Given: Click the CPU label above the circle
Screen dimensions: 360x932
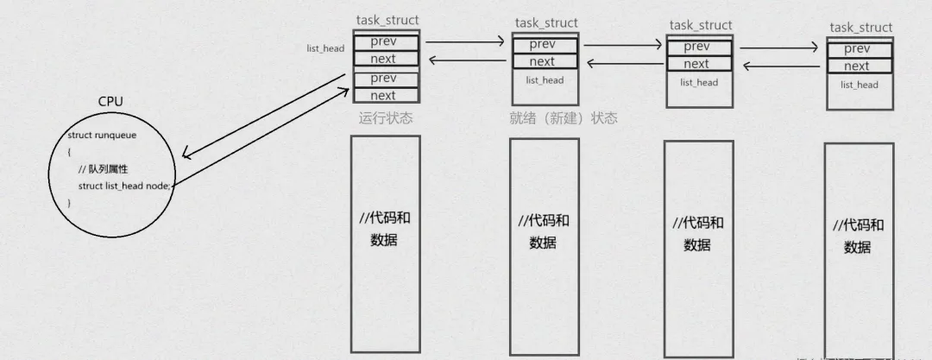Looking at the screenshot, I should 110,102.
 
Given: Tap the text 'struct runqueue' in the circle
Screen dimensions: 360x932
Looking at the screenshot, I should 102,136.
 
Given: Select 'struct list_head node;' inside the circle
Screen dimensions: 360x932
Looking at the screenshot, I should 126,186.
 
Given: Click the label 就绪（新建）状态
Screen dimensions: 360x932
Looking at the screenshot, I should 564,118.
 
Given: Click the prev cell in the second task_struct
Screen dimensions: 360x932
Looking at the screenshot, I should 542,44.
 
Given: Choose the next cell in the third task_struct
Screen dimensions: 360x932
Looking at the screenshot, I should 696,64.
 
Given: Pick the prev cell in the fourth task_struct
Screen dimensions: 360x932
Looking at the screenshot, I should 857,49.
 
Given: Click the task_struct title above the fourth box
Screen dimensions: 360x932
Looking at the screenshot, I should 860,28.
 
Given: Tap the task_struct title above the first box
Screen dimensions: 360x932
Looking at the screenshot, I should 387,20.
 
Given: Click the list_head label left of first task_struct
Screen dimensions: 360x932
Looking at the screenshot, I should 325,48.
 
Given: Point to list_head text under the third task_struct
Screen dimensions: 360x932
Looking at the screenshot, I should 699,83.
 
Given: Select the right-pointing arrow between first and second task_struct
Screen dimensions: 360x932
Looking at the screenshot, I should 465,40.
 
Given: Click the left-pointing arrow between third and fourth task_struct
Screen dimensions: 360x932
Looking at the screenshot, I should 780,66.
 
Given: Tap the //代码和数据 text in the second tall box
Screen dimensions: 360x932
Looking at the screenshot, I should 544,231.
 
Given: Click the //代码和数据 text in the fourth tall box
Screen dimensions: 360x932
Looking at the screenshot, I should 858,236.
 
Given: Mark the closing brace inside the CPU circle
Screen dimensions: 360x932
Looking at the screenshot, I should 70,202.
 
